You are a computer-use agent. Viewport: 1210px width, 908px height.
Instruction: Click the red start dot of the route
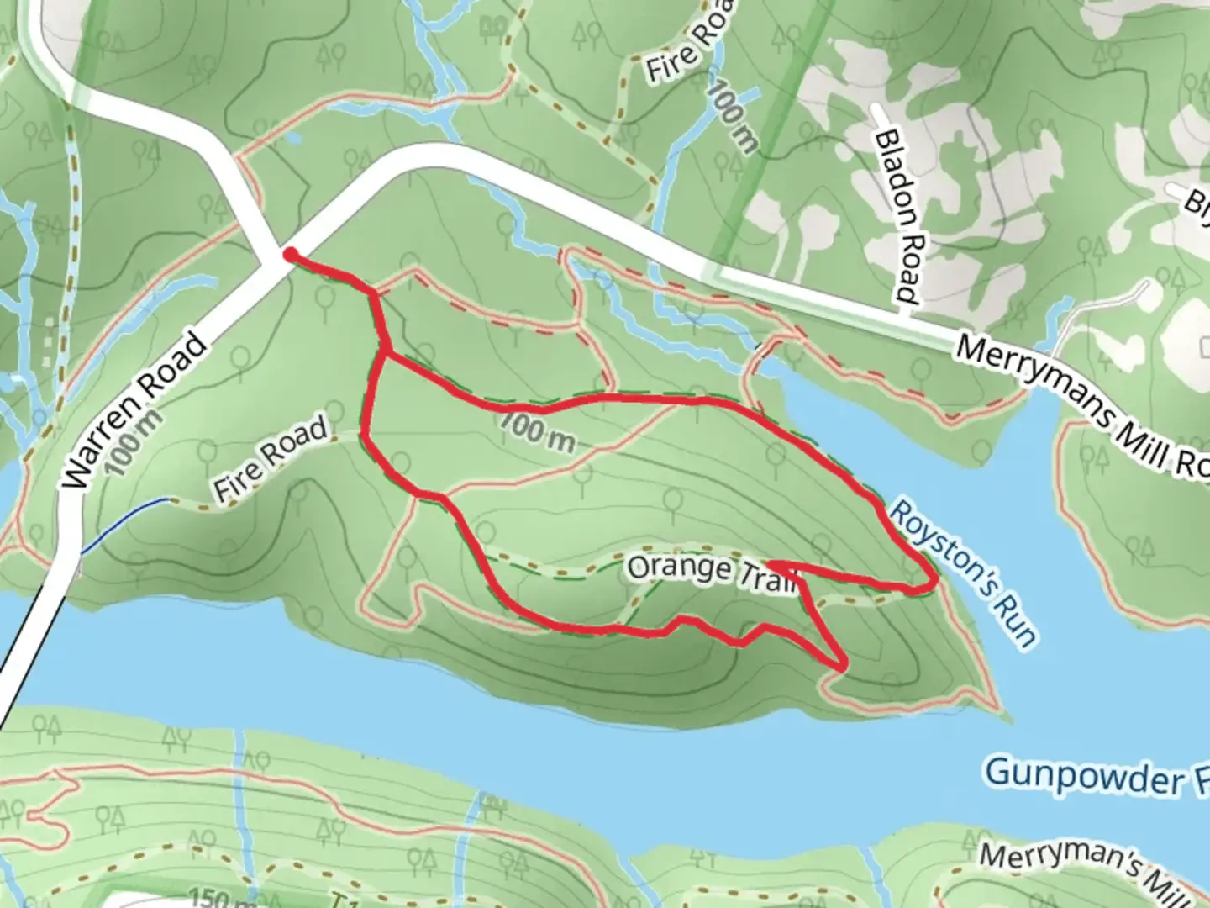click(x=289, y=254)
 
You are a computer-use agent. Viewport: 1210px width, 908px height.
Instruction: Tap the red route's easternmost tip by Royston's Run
click(x=935, y=580)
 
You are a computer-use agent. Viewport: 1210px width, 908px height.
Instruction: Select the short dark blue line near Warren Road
click(x=126, y=525)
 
